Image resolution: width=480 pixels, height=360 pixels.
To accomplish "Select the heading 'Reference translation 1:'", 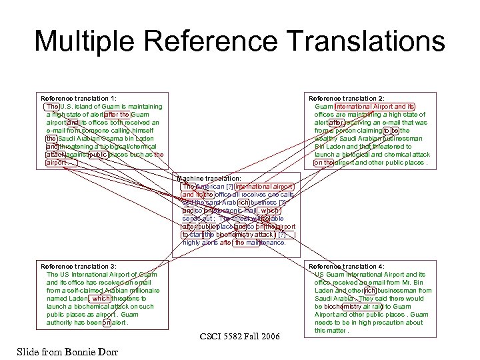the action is pyautogui.click(x=79, y=99).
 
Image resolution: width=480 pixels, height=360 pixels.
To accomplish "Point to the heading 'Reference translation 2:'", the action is pyautogui.click(x=347, y=99).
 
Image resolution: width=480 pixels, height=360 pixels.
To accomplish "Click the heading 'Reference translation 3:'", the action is pyautogui.click(x=79, y=267).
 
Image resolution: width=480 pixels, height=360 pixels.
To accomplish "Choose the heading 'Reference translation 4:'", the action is pyautogui.click(x=347, y=267).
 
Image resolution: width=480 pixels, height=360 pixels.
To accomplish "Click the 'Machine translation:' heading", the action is pyautogui.click(x=209, y=179).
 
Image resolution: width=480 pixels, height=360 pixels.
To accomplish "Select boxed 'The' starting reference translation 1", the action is pyautogui.click(x=53, y=107).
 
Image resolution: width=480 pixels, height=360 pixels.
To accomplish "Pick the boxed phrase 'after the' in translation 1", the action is pyautogui.click(x=117, y=115).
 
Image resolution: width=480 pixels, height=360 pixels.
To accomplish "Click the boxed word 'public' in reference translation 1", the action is pyautogui.click(x=98, y=155).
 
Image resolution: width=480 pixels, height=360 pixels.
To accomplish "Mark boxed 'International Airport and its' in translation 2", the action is pyautogui.click(x=375, y=107).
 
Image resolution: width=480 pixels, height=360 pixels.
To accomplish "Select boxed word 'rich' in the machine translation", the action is pyautogui.click(x=243, y=203).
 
